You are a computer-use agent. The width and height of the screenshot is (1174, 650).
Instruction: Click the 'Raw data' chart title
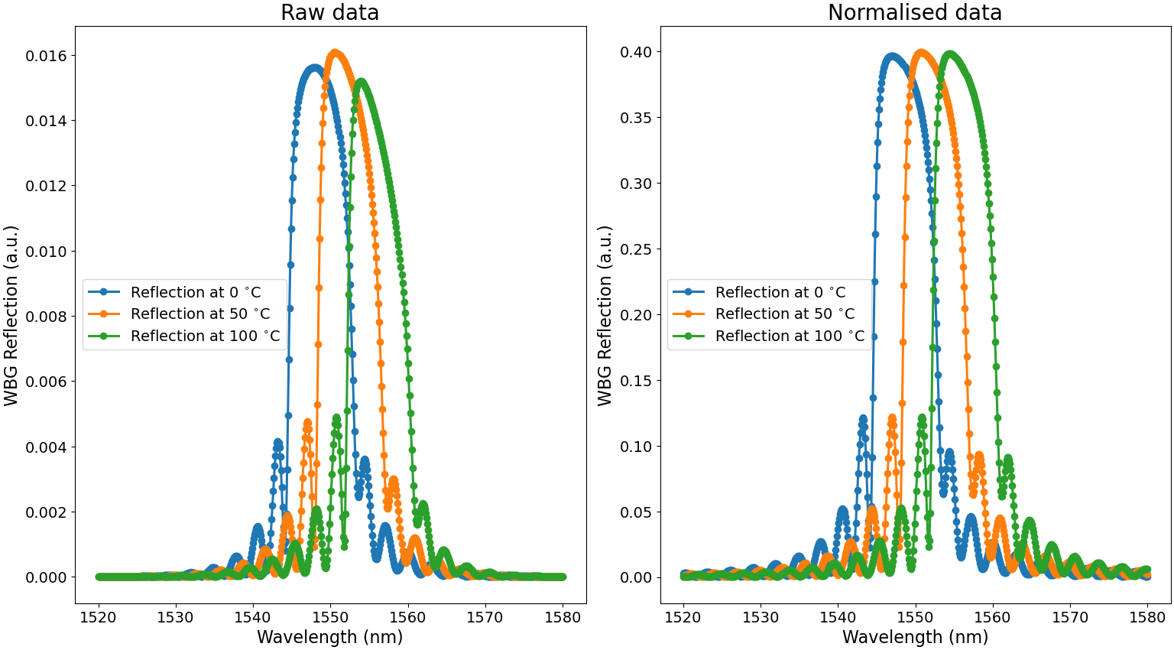click(x=330, y=13)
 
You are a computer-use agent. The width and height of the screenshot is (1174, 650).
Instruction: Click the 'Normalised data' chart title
click(x=915, y=13)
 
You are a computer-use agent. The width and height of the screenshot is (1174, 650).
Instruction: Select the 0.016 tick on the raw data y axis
click(x=46, y=56)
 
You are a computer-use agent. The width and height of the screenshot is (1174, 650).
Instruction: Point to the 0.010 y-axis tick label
click(x=46, y=252)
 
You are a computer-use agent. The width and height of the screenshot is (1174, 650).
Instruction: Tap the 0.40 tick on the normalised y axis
click(x=636, y=52)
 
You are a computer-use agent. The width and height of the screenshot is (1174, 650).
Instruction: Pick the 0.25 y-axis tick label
click(x=636, y=249)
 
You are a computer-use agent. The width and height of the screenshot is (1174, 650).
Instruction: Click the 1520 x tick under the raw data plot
click(x=99, y=617)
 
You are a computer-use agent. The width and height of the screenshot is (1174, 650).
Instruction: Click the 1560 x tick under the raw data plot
click(x=408, y=617)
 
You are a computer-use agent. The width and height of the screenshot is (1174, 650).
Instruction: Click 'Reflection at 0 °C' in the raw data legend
click(x=196, y=292)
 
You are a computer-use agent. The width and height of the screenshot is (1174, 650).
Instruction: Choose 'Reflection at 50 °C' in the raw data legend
click(x=200, y=314)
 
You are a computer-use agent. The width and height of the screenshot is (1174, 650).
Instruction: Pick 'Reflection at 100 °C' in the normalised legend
click(x=790, y=336)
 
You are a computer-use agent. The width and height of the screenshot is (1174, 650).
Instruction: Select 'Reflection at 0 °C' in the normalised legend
click(x=780, y=292)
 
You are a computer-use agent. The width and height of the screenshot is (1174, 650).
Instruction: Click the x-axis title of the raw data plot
click(x=330, y=637)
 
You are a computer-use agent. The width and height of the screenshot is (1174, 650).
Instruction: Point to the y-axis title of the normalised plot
click(x=605, y=315)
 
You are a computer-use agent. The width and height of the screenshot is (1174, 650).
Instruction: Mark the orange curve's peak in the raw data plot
click(x=335, y=52)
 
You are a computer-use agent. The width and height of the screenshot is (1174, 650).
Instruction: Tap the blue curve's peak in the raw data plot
click(x=314, y=68)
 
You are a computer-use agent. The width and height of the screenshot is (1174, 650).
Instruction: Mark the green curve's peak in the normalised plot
click(x=950, y=54)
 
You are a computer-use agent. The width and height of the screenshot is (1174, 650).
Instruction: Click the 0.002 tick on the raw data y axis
click(x=46, y=512)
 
